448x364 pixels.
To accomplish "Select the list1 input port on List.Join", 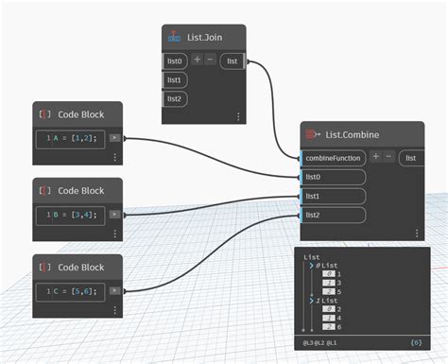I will point(175,79).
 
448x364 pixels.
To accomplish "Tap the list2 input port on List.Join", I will point(175,98).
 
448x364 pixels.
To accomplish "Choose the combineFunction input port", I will point(334,157).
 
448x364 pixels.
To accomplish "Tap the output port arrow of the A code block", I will point(115,138).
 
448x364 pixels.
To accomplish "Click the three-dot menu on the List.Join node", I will point(238,116).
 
